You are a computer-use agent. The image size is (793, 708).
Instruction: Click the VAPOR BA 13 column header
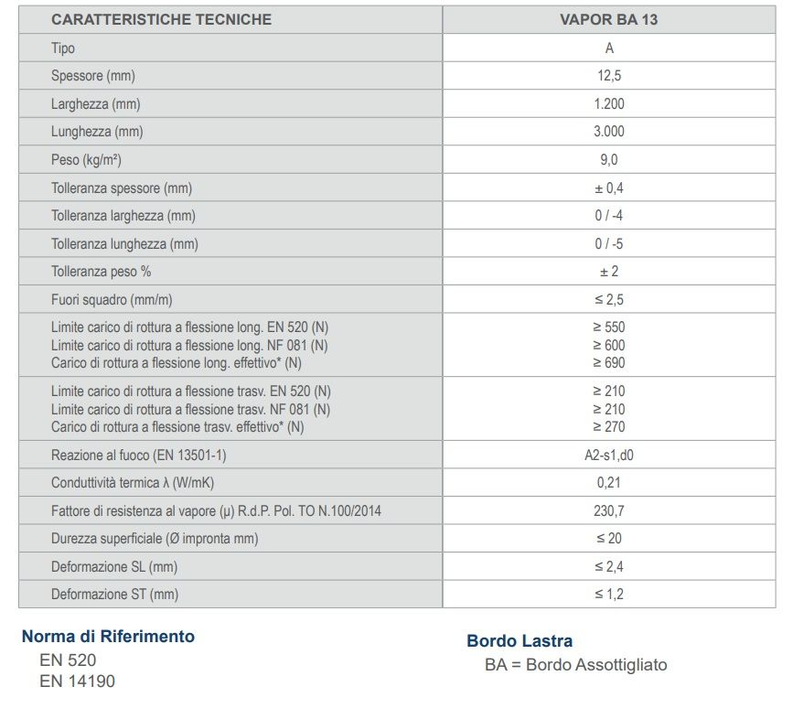click(609, 19)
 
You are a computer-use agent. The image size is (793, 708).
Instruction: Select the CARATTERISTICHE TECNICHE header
click(161, 19)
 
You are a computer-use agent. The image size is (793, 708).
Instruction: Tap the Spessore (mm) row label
click(93, 76)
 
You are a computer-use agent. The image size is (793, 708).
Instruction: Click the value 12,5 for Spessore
click(609, 76)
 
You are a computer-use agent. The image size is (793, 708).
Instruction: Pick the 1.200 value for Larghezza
click(609, 104)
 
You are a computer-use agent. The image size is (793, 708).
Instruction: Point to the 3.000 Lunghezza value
click(609, 132)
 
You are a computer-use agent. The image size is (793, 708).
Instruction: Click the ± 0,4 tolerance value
click(609, 188)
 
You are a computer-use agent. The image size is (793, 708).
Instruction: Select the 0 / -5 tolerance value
click(609, 244)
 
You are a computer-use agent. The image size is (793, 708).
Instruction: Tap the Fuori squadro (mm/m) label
click(113, 300)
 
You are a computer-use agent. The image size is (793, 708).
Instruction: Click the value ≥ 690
click(609, 363)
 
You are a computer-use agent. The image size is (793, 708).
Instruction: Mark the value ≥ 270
click(609, 427)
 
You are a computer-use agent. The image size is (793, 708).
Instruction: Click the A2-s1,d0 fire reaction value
click(609, 456)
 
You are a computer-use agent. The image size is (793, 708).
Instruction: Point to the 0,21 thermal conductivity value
click(609, 483)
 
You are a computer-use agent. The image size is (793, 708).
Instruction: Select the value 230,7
click(609, 511)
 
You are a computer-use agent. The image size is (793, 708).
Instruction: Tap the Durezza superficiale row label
click(155, 539)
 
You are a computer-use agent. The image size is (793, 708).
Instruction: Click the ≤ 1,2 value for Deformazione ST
click(609, 595)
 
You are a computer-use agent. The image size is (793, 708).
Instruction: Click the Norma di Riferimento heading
click(108, 637)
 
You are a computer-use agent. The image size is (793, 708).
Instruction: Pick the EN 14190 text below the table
click(78, 681)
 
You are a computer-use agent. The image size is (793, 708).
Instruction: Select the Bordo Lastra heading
click(520, 641)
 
